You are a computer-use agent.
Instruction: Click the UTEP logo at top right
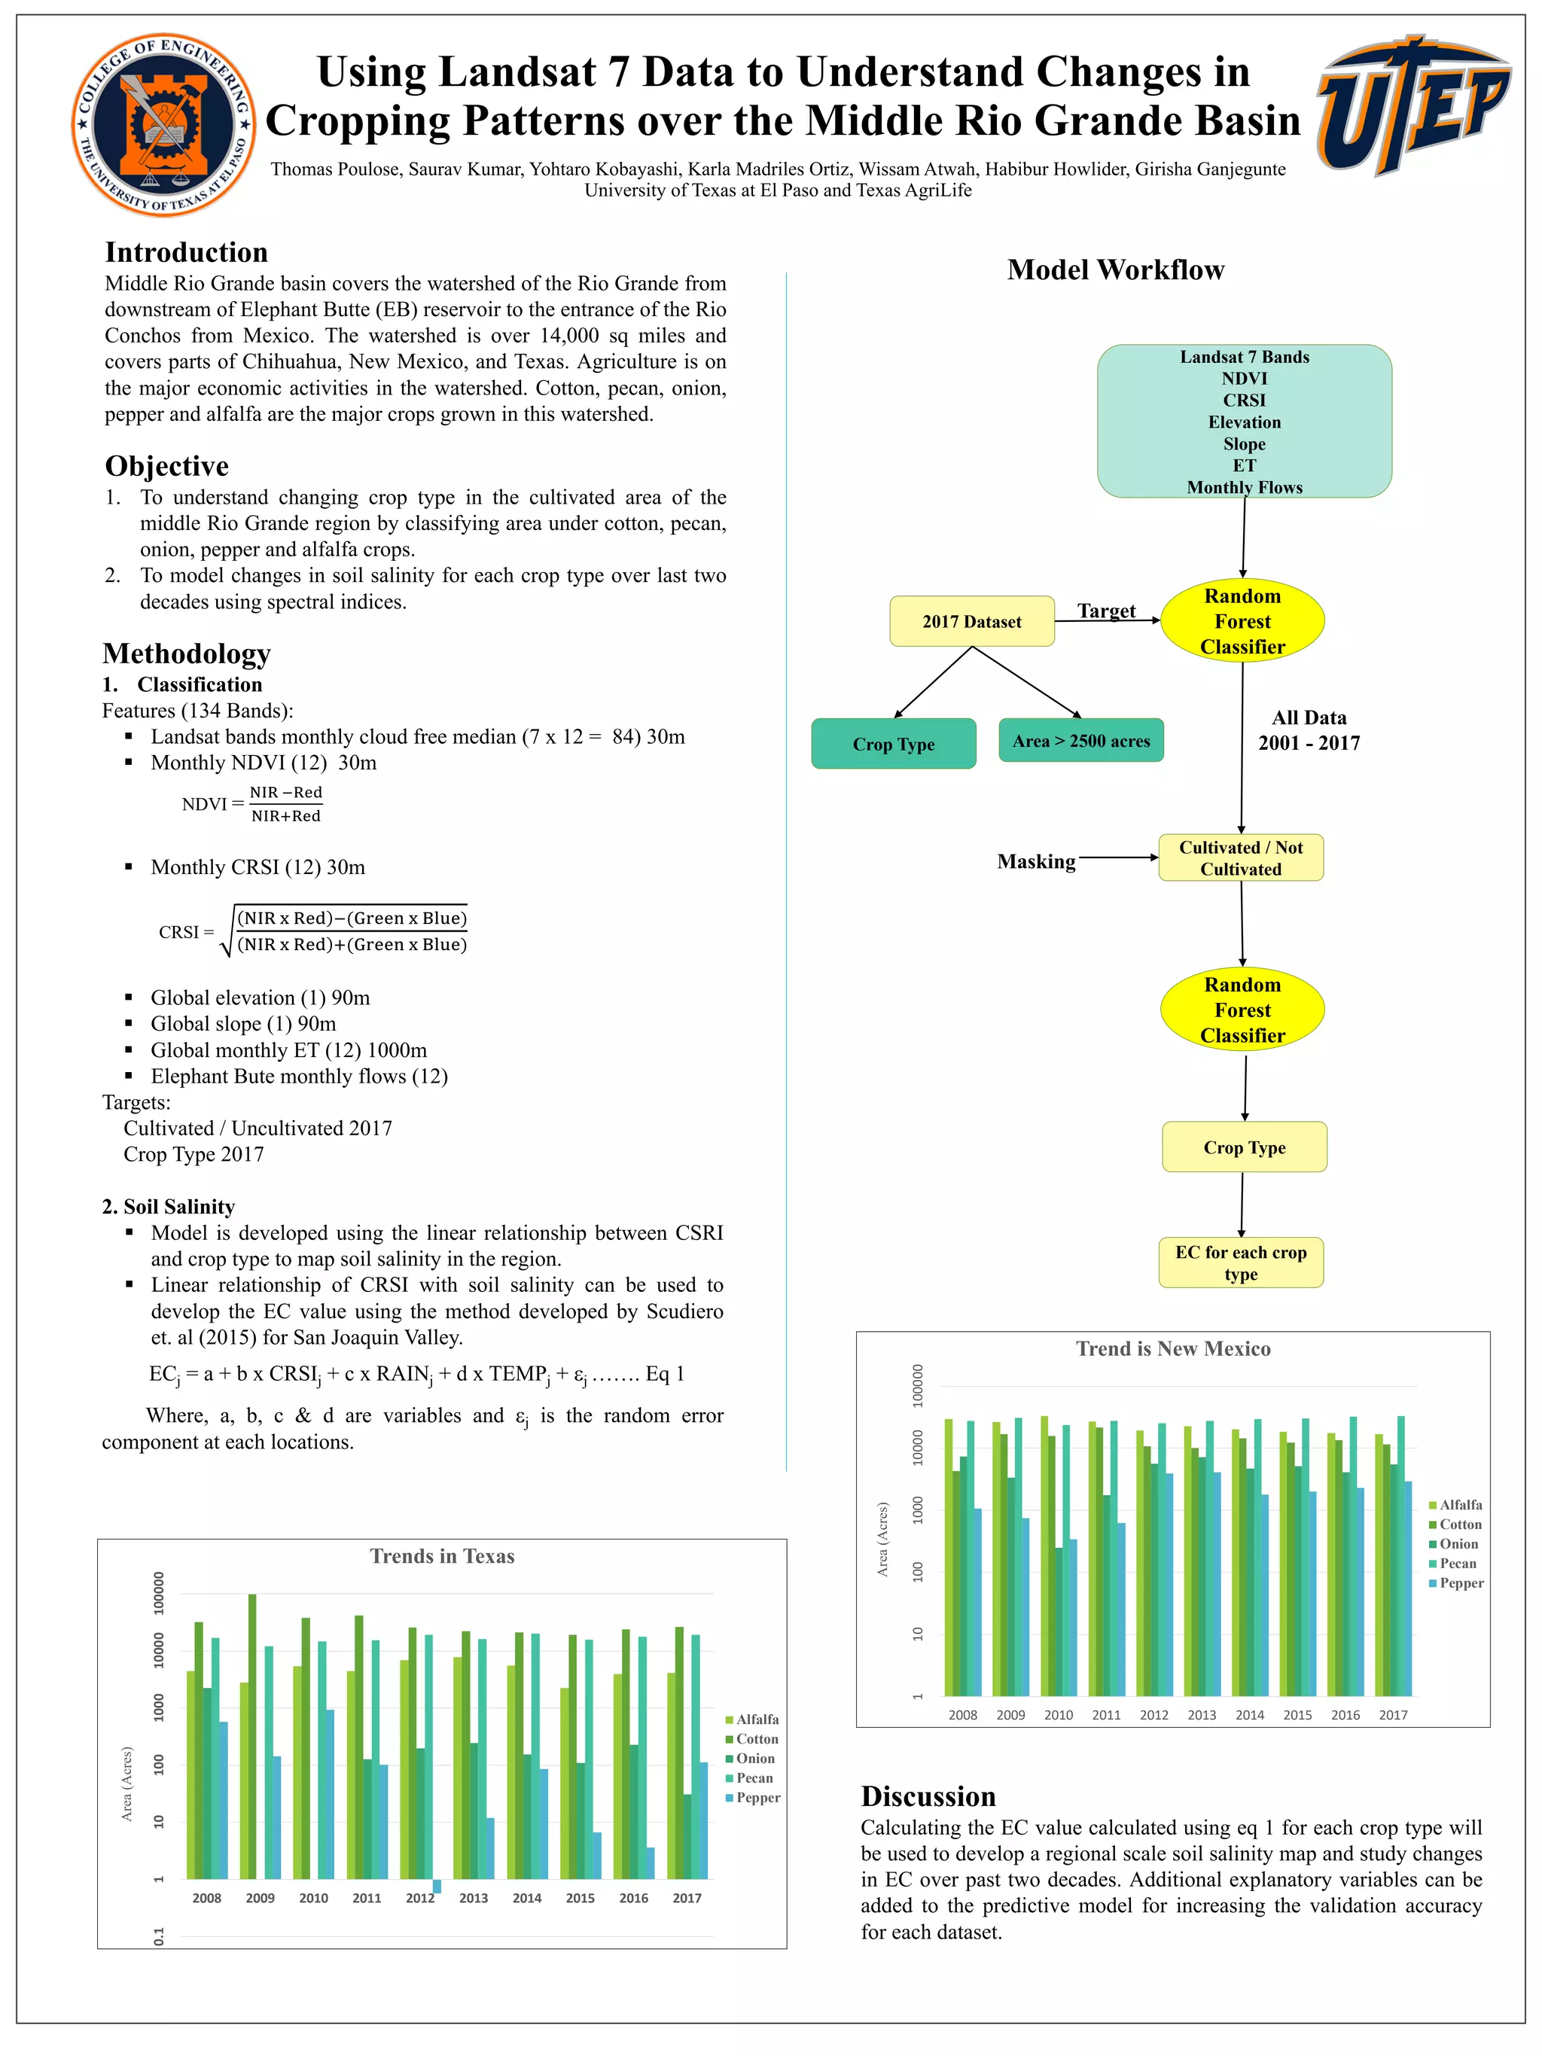click(x=1412, y=104)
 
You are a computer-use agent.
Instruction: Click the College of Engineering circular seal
click(x=163, y=124)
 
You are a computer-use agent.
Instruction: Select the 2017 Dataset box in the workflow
click(x=971, y=621)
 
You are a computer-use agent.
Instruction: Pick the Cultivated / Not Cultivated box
click(x=1240, y=857)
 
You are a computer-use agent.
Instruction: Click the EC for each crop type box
click(x=1240, y=1263)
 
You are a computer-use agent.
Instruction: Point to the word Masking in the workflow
click(x=1035, y=860)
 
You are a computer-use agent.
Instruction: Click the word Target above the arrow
click(x=1105, y=610)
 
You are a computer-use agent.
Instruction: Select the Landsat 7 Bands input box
click(x=1244, y=421)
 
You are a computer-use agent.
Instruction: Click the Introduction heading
click(x=186, y=252)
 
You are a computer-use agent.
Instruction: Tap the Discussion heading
click(x=927, y=1795)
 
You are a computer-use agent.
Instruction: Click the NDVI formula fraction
click(x=285, y=804)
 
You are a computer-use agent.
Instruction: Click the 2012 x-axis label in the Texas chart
click(x=419, y=1898)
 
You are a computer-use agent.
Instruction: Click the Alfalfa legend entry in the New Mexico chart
click(x=1459, y=1505)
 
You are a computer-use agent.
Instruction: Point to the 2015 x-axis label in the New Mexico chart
click(x=1297, y=1715)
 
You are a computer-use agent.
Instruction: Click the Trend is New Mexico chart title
click(x=1172, y=1348)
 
